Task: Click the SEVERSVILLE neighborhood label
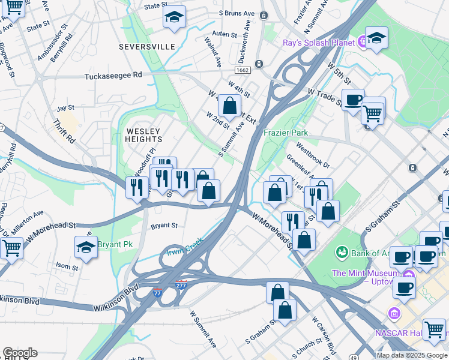147,46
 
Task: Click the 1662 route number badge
243,70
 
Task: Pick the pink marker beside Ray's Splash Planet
362,42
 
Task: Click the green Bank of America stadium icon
342,251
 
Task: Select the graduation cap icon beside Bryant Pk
86,246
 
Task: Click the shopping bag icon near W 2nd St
229,106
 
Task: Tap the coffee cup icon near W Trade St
353,99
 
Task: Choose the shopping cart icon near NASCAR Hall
434,329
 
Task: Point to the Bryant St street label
164,226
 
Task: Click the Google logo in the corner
20,353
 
